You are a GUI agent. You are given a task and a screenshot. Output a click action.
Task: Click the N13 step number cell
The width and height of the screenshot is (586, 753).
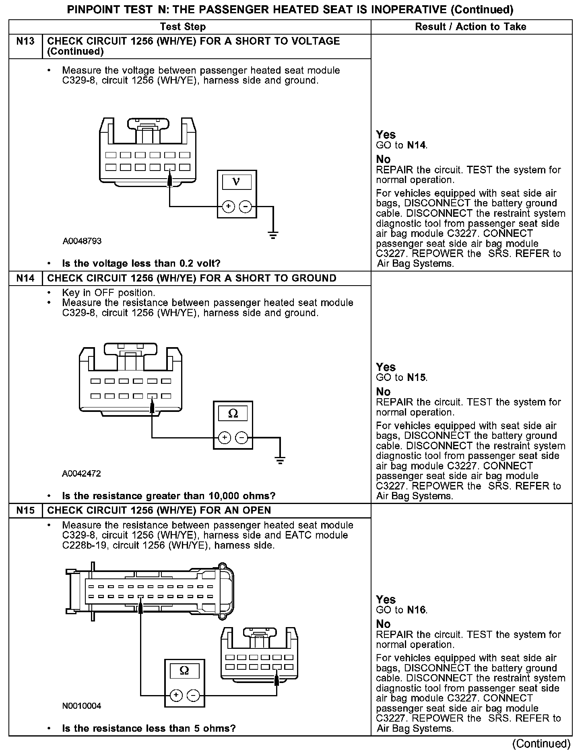click(x=25, y=41)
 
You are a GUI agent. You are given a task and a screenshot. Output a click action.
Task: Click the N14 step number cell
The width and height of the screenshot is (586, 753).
click(x=25, y=278)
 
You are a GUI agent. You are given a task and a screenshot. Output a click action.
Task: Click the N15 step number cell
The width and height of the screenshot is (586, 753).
click(x=25, y=510)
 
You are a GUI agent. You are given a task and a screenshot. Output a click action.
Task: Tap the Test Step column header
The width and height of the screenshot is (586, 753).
click(x=183, y=27)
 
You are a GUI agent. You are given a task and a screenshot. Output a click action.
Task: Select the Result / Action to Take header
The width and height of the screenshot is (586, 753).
click(x=470, y=27)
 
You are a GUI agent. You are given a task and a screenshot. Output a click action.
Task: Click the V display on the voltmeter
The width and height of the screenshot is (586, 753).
click(x=237, y=182)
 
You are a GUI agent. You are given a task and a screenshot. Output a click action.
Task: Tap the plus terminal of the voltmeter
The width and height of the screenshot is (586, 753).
click(x=228, y=207)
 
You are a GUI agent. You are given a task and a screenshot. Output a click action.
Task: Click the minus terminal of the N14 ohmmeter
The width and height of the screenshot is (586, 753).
click(x=241, y=438)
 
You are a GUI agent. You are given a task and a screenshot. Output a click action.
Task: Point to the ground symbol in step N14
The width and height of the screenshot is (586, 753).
click(x=280, y=460)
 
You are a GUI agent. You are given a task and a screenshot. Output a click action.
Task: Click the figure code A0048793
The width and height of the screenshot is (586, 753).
click(x=82, y=241)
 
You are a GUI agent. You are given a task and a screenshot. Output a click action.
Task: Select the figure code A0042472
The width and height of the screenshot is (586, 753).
click(x=82, y=473)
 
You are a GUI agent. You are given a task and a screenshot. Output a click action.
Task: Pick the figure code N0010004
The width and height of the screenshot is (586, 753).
click(x=82, y=706)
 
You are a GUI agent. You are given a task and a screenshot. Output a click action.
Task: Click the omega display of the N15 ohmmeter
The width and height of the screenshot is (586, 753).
click(x=184, y=671)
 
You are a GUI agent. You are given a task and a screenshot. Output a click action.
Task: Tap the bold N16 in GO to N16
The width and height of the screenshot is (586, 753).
click(x=416, y=610)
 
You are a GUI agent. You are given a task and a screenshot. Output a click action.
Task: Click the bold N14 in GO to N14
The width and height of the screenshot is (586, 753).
click(x=416, y=145)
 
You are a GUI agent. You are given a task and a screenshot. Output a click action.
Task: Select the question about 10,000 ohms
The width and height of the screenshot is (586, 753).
click(x=169, y=496)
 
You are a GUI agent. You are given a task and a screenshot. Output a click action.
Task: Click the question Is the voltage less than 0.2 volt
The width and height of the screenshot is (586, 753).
click(x=141, y=264)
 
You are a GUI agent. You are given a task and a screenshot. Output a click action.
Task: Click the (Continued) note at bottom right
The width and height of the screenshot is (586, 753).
click(x=542, y=744)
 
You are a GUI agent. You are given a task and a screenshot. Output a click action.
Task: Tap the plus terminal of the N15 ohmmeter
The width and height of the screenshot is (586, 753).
click(x=176, y=695)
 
